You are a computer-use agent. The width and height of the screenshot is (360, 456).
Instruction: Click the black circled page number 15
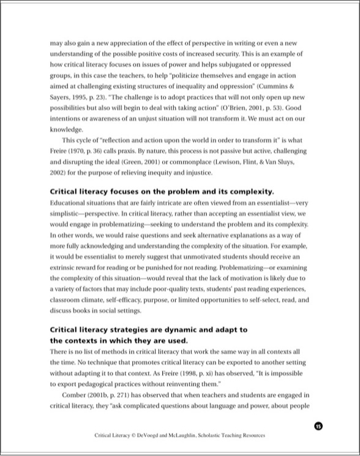coord(318,426)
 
